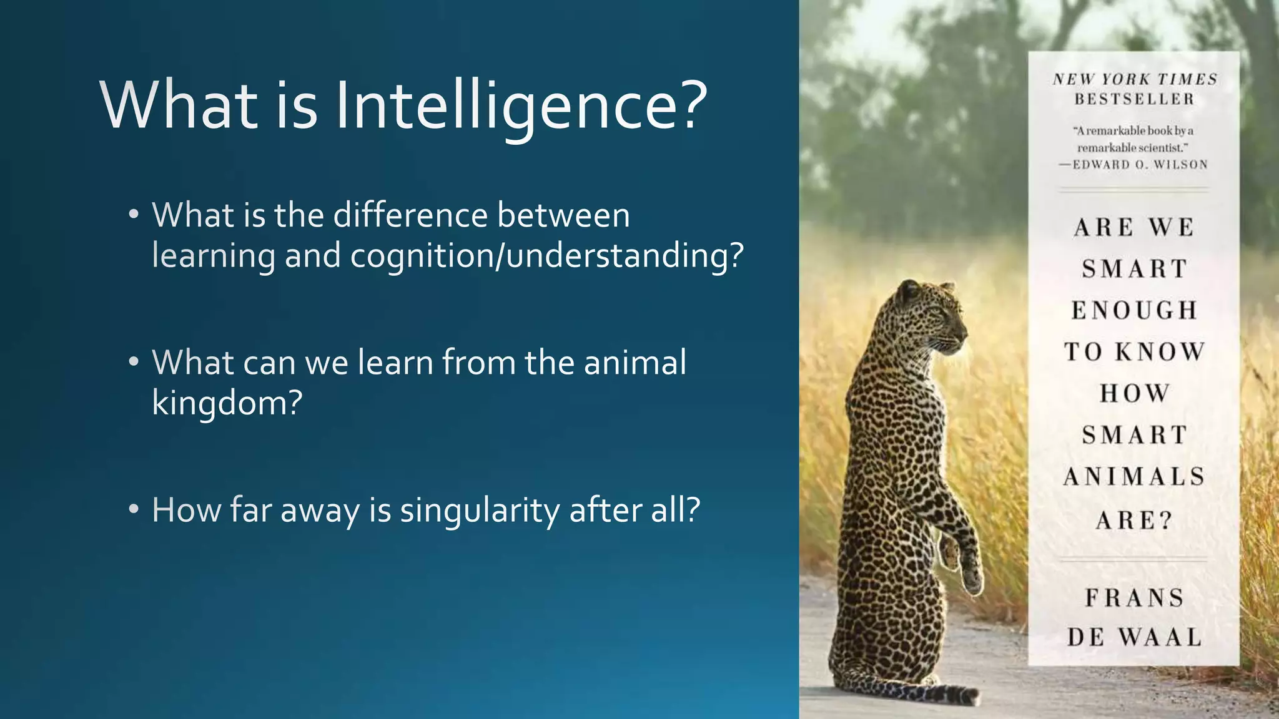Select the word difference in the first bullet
click(410, 215)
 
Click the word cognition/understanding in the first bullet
click(546, 256)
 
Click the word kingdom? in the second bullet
click(227, 403)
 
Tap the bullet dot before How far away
click(133, 509)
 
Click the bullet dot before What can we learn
click(133, 362)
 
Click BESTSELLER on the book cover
click(1134, 99)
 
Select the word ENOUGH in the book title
click(1134, 310)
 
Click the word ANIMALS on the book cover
click(1134, 477)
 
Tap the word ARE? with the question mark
click(1134, 520)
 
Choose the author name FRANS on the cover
click(1134, 598)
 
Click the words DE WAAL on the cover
click(1134, 637)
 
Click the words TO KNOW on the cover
click(1134, 352)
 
